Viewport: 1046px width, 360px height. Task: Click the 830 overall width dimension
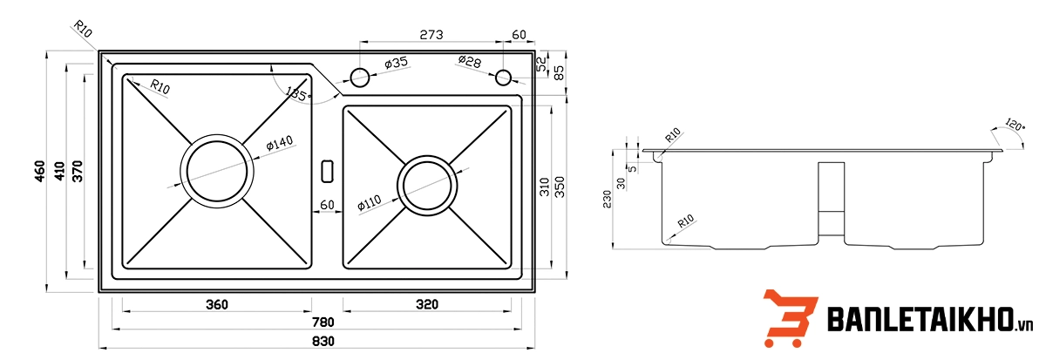click(x=323, y=342)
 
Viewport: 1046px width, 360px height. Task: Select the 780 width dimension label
click(x=323, y=323)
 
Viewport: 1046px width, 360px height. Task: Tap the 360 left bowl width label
click(x=217, y=305)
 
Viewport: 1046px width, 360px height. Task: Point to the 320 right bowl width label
click(x=427, y=304)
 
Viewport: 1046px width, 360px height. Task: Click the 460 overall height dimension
click(x=40, y=171)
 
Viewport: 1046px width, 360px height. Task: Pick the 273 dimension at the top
click(x=431, y=35)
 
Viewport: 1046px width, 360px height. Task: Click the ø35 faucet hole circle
click(x=360, y=78)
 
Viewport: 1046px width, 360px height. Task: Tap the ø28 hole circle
click(x=504, y=78)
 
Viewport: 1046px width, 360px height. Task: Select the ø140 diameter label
click(x=280, y=143)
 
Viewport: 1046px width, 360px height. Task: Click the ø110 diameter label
click(x=370, y=204)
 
